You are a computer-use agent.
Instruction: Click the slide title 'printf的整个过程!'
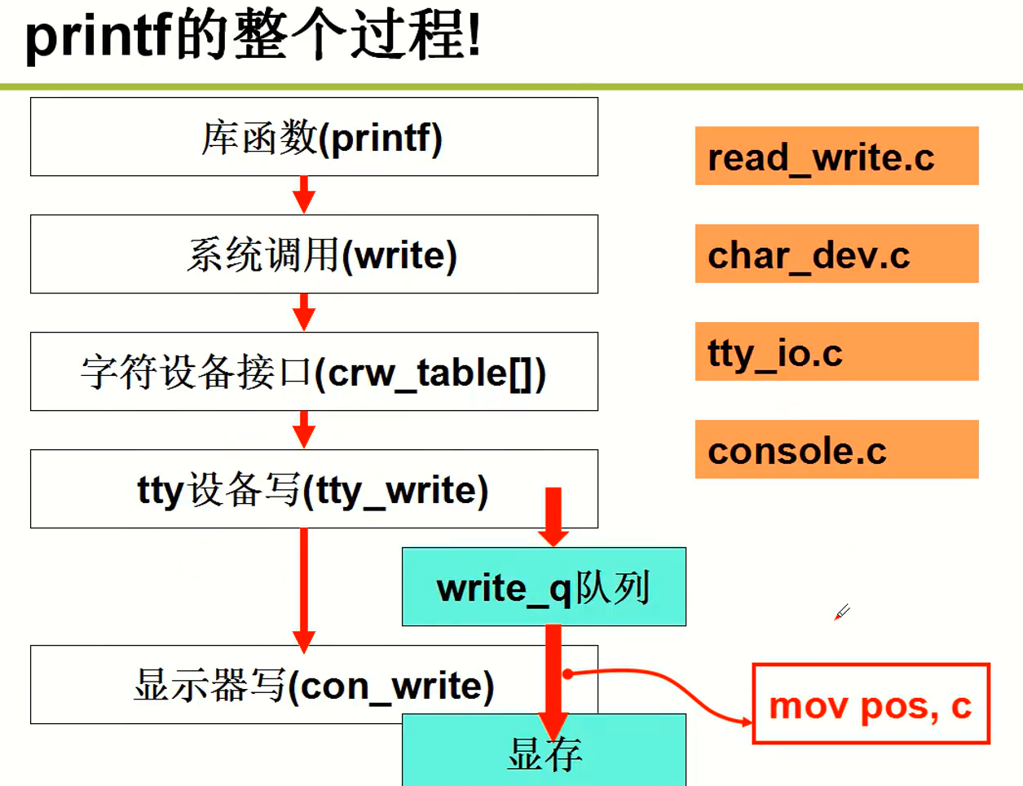pyautogui.click(x=253, y=37)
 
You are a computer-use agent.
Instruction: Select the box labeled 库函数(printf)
pyautogui.click(x=314, y=137)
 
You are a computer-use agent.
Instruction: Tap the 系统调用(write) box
pyautogui.click(x=314, y=254)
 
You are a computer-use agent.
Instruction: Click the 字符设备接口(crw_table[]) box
pyautogui.click(x=314, y=372)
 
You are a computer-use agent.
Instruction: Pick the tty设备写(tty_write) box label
pyautogui.click(x=313, y=490)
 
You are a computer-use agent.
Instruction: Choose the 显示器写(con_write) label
pyautogui.click(x=314, y=686)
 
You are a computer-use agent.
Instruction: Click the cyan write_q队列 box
pyautogui.click(x=544, y=587)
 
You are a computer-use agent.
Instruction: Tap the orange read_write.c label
pyautogui.click(x=836, y=156)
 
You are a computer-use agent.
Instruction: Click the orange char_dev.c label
pyautogui.click(x=836, y=254)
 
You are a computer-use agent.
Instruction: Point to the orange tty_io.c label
pyautogui.click(x=836, y=351)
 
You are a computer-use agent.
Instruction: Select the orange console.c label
pyautogui.click(x=836, y=449)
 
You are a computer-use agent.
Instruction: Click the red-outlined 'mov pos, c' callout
pyautogui.click(x=871, y=704)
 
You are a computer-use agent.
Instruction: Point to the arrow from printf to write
pyautogui.click(x=304, y=195)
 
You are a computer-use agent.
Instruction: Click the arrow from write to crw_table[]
pyautogui.click(x=304, y=312)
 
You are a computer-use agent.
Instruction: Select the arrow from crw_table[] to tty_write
pyautogui.click(x=304, y=430)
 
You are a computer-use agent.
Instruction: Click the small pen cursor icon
pyautogui.click(x=842, y=612)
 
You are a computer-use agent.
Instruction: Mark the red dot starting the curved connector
pyautogui.click(x=568, y=673)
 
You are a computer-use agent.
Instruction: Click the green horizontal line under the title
pyautogui.click(x=511, y=86)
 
